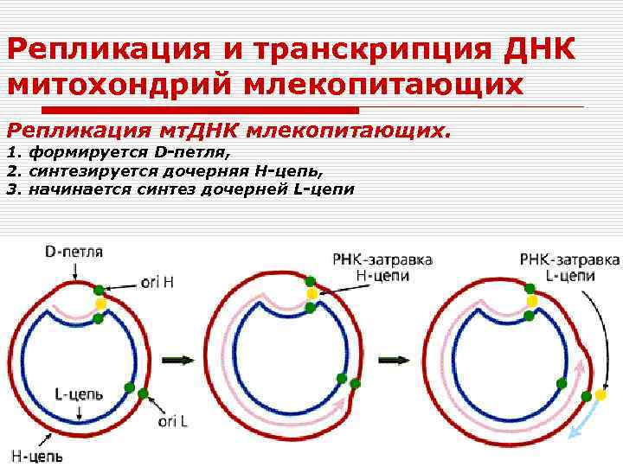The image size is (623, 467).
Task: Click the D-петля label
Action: pos(74,253)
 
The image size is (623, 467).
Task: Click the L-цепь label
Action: pos(79,394)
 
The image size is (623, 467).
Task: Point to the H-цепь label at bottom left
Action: pos(36,455)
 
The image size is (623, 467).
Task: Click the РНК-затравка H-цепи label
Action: pos(382,267)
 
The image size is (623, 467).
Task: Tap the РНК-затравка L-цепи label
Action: pos(570,267)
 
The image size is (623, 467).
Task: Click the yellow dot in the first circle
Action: pos(100,304)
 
